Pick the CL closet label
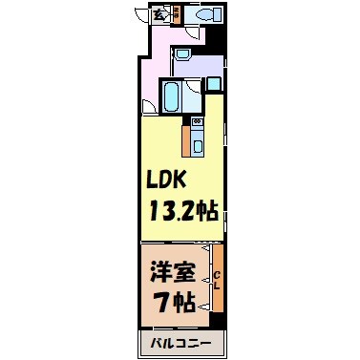click(217, 280)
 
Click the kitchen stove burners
click(197, 121)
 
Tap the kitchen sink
click(197, 145)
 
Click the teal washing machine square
click(213, 81)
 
